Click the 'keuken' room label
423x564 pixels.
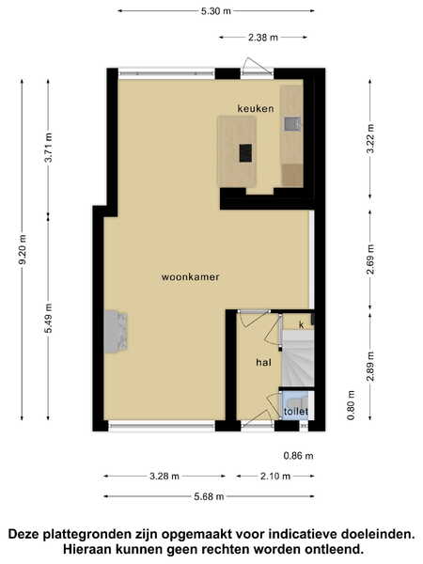coord(256,108)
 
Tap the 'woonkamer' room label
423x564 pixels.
coord(190,277)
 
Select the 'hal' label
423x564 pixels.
coord(263,362)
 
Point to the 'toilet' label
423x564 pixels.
coord(296,411)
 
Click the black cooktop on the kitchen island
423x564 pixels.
coord(245,153)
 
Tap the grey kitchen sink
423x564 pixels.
coord(292,124)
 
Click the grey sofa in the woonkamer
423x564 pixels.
coord(116,332)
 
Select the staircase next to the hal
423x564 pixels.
coord(298,358)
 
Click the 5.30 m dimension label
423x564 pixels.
coord(216,11)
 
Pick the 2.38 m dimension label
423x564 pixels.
coord(263,38)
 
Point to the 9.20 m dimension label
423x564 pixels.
coord(23,249)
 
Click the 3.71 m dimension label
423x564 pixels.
coord(49,148)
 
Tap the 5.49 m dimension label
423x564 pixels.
coord(49,318)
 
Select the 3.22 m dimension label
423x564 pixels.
coord(370,138)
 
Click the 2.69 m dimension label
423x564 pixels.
coord(370,259)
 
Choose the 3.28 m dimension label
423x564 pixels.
coord(164,477)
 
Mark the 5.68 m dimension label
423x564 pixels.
coord(209,496)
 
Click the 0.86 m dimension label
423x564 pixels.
coord(299,456)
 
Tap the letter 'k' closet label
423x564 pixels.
coord(302,325)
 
